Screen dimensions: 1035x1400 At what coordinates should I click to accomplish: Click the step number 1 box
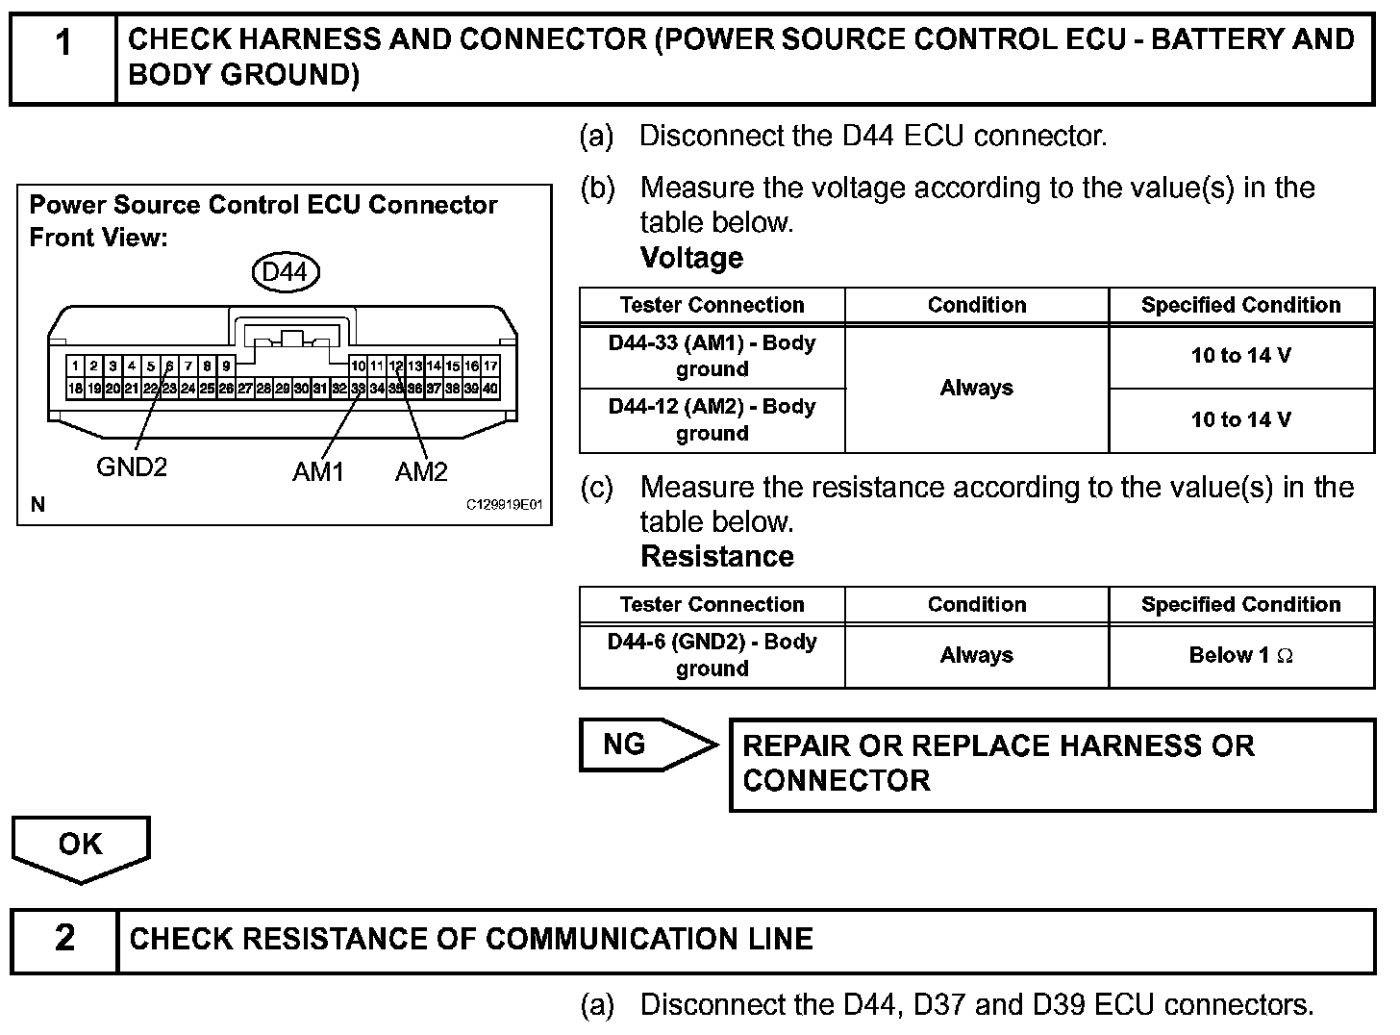63,58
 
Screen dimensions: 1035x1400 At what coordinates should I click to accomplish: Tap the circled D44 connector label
285,272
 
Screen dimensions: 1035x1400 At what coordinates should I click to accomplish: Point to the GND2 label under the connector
132,467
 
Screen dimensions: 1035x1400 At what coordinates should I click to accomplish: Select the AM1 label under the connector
318,471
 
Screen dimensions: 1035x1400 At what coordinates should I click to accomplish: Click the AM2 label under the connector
421,471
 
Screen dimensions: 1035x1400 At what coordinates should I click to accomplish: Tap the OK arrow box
80,846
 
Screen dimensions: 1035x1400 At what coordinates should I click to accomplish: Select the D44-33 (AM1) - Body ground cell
712,356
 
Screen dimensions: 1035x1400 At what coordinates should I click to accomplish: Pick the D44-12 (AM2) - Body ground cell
712,419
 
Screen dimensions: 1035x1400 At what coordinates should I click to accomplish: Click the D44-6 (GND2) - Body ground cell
712,655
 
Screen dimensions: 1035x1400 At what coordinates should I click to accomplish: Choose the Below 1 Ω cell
1240,655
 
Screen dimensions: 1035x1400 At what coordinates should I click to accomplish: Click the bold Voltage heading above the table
691,258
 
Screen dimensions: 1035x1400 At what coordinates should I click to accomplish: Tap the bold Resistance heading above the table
716,557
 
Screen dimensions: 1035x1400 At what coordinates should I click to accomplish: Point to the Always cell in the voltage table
976,388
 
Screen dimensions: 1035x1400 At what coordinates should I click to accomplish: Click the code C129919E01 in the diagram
505,505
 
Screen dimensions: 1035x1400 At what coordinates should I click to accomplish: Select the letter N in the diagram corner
37,505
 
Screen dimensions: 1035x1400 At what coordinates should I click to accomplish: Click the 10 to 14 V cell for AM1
1240,356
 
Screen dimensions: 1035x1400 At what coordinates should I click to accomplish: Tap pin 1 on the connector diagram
75,366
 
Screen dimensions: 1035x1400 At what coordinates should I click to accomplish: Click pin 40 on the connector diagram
490,389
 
